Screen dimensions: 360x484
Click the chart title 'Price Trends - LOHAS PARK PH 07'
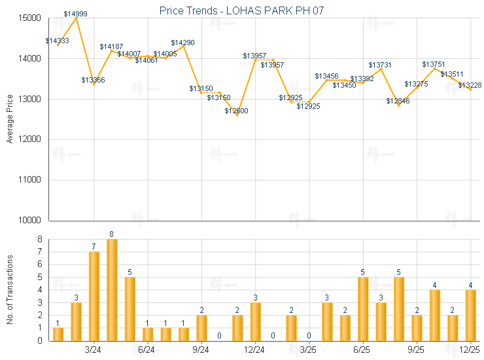(242, 10)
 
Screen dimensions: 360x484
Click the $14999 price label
(76, 14)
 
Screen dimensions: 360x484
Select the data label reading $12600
(237, 111)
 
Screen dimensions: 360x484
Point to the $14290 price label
(183, 43)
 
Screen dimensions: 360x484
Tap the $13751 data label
(434, 64)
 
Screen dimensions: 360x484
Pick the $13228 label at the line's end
(470, 85)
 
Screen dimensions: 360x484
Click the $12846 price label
(398, 101)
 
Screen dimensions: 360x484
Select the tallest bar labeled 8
(112, 290)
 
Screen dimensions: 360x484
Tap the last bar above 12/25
(470, 315)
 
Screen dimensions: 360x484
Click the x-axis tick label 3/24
(94, 350)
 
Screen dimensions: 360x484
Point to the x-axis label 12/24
(254, 350)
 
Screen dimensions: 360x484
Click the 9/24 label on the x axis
(201, 350)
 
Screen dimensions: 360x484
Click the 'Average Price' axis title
(10, 119)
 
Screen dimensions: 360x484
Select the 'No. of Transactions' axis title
(10, 290)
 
